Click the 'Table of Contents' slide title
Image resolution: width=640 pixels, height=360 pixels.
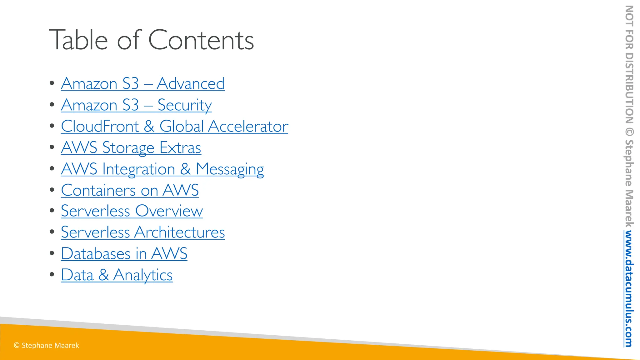[151, 40]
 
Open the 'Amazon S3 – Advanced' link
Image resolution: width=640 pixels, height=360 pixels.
[142, 84]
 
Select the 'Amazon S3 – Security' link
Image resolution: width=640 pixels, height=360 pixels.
[136, 105]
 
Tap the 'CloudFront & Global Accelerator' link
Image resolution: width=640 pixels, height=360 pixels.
[174, 126]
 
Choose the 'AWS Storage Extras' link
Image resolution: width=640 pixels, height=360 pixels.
[131, 147]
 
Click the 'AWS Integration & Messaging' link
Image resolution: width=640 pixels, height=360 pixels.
[162, 169]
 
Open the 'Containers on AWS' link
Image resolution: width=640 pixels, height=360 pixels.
[130, 190]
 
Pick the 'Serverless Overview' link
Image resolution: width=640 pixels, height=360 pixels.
[132, 211]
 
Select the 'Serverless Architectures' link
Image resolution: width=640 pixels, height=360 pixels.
[143, 232]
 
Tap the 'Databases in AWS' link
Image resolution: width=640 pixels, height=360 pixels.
[124, 253]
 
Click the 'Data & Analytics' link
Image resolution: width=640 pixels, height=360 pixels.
[117, 275]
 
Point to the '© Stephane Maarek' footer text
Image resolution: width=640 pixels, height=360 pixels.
[46, 345]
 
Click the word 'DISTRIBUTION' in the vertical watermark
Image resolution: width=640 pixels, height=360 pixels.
[629, 88]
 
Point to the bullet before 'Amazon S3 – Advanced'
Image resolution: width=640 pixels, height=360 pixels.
[52, 83]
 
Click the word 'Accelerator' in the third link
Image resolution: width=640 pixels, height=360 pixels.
[248, 126]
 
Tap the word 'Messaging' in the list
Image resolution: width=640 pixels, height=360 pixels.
[230, 169]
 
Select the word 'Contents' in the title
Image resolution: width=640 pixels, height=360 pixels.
[201, 40]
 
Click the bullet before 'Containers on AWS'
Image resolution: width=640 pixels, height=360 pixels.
[52, 190]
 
